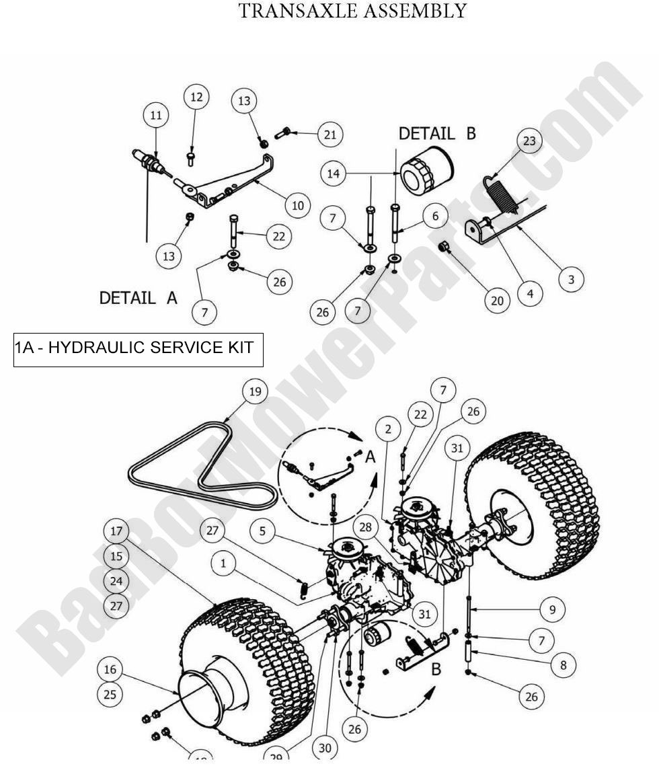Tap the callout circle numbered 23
(530, 141)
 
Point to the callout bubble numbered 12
(196, 98)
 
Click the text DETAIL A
(138, 298)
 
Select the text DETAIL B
(437, 133)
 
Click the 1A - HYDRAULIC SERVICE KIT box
(138, 348)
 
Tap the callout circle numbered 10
(297, 204)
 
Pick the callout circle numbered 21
(329, 135)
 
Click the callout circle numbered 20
(497, 301)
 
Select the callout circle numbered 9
(552, 610)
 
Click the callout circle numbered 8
(563, 665)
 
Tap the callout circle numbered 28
(366, 529)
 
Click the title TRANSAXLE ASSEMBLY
(352, 11)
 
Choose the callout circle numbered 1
(224, 564)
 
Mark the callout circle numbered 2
(389, 429)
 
